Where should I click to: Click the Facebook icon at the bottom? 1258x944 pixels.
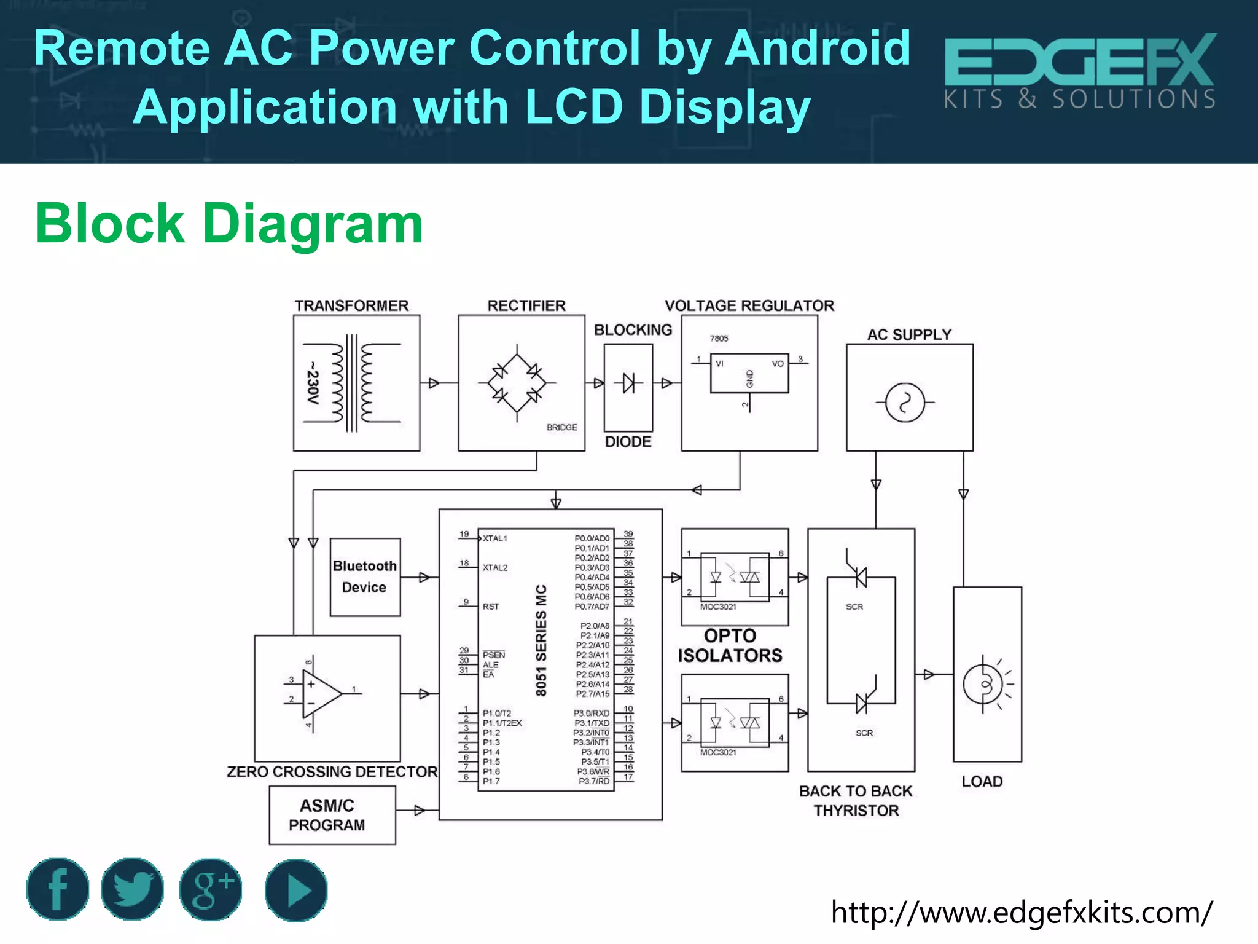point(57,889)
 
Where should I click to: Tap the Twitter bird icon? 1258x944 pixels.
point(132,889)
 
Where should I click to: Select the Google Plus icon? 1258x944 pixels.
point(211,889)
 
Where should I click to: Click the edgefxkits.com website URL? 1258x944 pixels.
point(1022,912)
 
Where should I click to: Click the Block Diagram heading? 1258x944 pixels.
point(229,223)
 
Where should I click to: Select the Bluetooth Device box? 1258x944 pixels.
point(365,576)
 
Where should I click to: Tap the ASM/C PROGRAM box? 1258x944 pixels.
point(332,815)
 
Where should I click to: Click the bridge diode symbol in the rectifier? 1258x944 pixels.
point(517,383)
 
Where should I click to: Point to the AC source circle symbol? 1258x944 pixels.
point(905,403)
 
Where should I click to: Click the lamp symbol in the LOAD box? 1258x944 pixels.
point(985,684)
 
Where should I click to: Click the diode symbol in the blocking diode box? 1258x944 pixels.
point(628,383)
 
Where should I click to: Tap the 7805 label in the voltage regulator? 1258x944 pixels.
point(719,339)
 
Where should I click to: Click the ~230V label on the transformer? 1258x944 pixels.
point(313,383)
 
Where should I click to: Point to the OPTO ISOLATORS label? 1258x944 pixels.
point(730,645)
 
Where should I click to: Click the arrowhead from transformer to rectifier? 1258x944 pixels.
point(434,383)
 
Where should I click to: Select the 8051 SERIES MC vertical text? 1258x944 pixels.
point(541,640)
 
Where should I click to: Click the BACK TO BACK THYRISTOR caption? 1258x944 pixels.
point(856,801)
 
